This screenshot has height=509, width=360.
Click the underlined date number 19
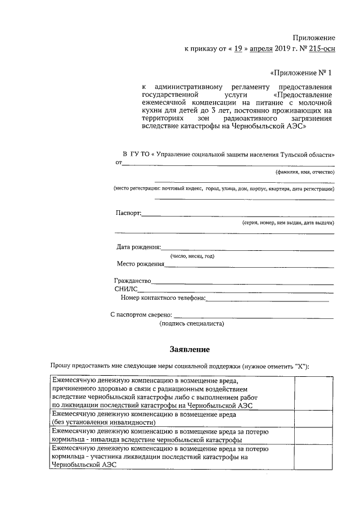tap(238, 49)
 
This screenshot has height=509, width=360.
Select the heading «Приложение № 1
tap(301, 73)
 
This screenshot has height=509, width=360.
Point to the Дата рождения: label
tap(138, 247)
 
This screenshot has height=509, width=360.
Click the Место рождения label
tap(141, 264)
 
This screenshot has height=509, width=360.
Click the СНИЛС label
tap(126, 289)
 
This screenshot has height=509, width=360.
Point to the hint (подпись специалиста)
tap(192, 324)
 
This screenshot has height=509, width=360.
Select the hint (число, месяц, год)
tap(193, 256)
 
